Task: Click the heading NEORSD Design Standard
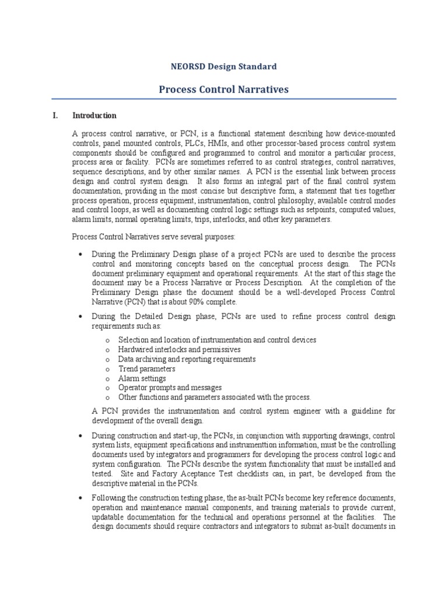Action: click(x=224, y=66)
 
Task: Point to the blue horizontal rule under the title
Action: click(x=224, y=99)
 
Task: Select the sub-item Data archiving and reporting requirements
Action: click(x=187, y=359)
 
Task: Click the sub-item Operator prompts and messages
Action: click(x=170, y=388)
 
